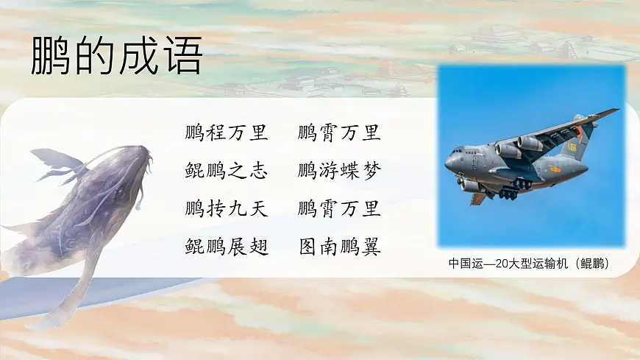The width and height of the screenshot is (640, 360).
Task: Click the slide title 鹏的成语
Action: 116,56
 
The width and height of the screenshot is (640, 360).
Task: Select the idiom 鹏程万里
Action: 227,133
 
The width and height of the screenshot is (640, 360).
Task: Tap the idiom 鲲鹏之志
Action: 227,171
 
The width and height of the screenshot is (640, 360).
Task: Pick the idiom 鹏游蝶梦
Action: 339,171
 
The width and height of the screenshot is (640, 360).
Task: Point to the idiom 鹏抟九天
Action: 227,208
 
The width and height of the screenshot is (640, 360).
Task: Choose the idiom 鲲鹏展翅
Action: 227,246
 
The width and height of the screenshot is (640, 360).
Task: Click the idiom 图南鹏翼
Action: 339,246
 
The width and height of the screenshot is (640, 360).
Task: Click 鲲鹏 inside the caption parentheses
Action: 591,263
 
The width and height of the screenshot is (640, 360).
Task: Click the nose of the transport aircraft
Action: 448,161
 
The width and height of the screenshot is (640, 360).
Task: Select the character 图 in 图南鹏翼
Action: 308,246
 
